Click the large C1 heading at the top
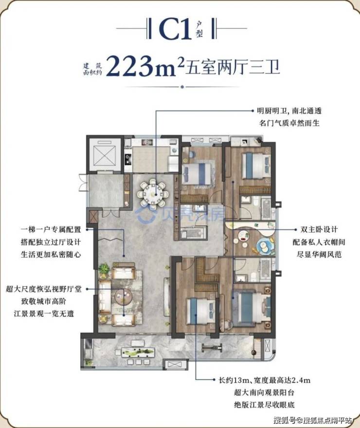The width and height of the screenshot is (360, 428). pyautogui.click(x=175, y=29)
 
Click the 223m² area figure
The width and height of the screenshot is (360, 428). pyautogui.click(x=144, y=66)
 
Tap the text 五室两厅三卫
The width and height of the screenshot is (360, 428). pyautogui.click(x=233, y=67)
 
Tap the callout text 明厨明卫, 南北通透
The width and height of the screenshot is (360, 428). pyautogui.click(x=289, y=111)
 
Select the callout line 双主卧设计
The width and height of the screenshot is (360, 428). pyautogui.click(x=319, y=229)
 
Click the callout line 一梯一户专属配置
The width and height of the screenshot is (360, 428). pyautogui.click(x=51, y=229)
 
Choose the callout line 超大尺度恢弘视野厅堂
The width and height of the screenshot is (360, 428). pyautogui.click(x=44, y=289)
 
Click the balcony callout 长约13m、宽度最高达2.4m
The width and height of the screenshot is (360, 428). pyautogui.click(x=264, y=380)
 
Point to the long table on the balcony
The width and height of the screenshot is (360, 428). pyautogui.click(x=138, y=353)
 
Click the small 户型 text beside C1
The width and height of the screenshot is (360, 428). pyautogui.click(x=199, y=30)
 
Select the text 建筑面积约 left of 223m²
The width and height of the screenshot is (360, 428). pyautogui.click(x=92, y=69)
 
